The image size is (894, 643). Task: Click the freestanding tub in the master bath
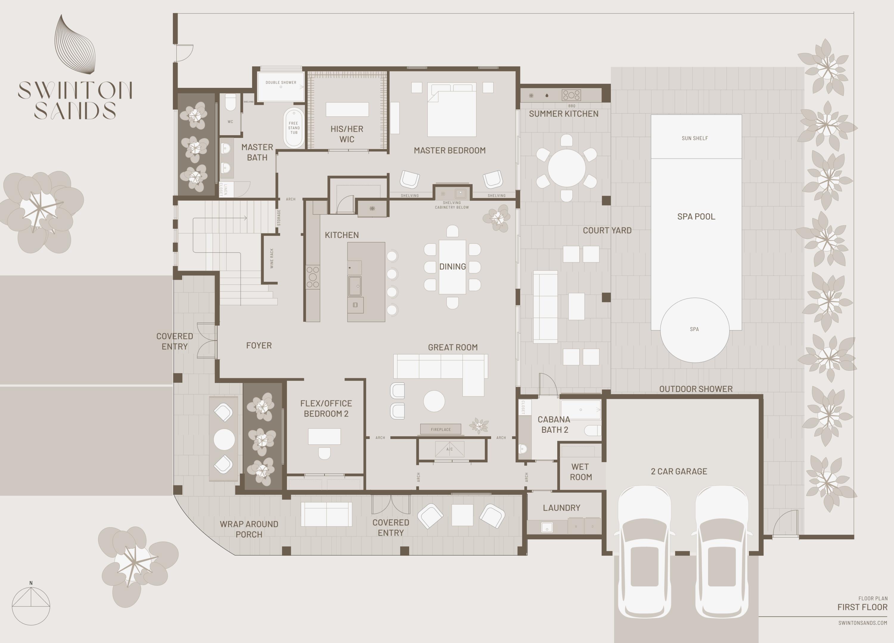click(294, 127)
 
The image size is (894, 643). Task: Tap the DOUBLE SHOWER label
click(281, 82)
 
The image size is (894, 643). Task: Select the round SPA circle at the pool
click(695, 330)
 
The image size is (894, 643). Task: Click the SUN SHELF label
click(695, 138)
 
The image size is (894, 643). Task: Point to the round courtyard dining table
click(566, 168)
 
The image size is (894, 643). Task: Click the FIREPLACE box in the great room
click(441, 429)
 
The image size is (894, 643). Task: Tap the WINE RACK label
click(271, 259)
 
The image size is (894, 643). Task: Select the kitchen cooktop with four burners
click(313, 277)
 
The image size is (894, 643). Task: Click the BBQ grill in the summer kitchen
click(571, 95)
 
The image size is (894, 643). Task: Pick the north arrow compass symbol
click(31, 605)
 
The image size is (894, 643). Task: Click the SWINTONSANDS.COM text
click(862, 623)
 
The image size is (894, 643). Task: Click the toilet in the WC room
click(230, 102)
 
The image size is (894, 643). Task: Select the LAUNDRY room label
click(561, 508)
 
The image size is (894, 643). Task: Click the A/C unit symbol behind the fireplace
click(449, 449)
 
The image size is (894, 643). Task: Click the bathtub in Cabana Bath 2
click(580, 410)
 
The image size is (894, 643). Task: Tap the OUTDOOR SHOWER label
click(696, 389)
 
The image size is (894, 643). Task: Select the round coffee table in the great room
click(434, 401)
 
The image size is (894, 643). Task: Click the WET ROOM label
click(580, 472)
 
